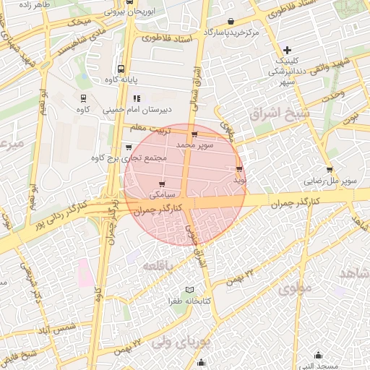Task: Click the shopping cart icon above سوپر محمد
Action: coord(194,134)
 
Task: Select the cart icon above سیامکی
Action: coord(160,184)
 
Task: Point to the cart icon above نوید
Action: coord(239,169)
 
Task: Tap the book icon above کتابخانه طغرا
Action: coord(191,289)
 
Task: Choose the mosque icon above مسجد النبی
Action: coord(319,355)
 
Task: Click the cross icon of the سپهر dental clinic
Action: coord(288,50)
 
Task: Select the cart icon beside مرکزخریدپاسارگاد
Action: coord(231,22)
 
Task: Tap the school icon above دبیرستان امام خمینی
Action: coord(137,99)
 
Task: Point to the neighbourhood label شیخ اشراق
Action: coord(278,113)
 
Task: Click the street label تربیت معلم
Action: coord(158,131)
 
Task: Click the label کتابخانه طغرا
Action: coord(190,301)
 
